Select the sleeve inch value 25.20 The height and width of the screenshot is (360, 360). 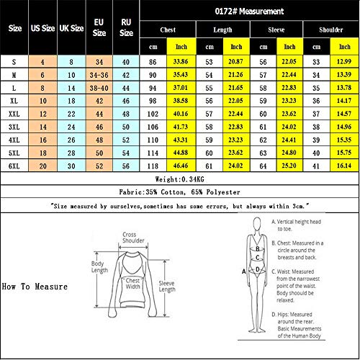[x=291, y=166]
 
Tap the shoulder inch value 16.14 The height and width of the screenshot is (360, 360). [x=345, y=166]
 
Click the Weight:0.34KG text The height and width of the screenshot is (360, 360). [x=179, y=179]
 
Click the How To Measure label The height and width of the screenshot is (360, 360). [x=35, y=286]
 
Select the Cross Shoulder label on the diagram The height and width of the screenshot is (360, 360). [x=130, y=238]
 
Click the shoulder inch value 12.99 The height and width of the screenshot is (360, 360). [x=345, y=62]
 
